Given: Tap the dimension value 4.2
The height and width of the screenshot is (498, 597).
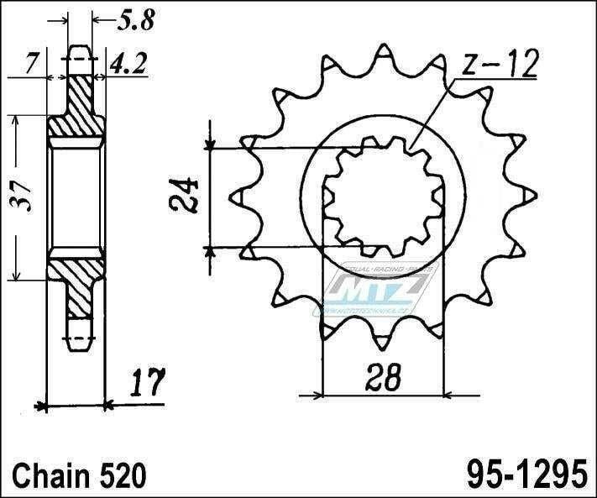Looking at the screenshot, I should [124, 61].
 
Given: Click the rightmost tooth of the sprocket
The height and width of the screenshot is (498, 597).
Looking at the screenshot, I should [529, 195].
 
